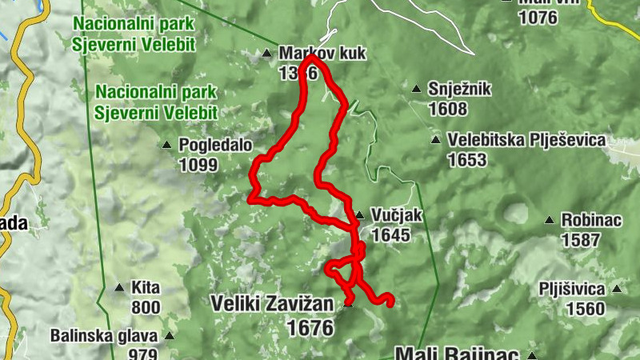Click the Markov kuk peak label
tap(322, 54)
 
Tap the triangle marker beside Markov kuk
tap(267, 54)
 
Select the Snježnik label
tap(459, 90)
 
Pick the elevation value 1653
tap(466, 160)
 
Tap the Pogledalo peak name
tap(215, 146)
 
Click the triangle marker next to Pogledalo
tap(167, 146)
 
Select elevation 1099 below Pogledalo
tap(198, 165)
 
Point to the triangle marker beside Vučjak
tap(360, 214)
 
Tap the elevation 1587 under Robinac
tap(581, 239)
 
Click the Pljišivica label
tap(570, 290)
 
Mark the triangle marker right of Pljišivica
tap(617, 290)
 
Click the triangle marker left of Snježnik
tap(416, 90)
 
